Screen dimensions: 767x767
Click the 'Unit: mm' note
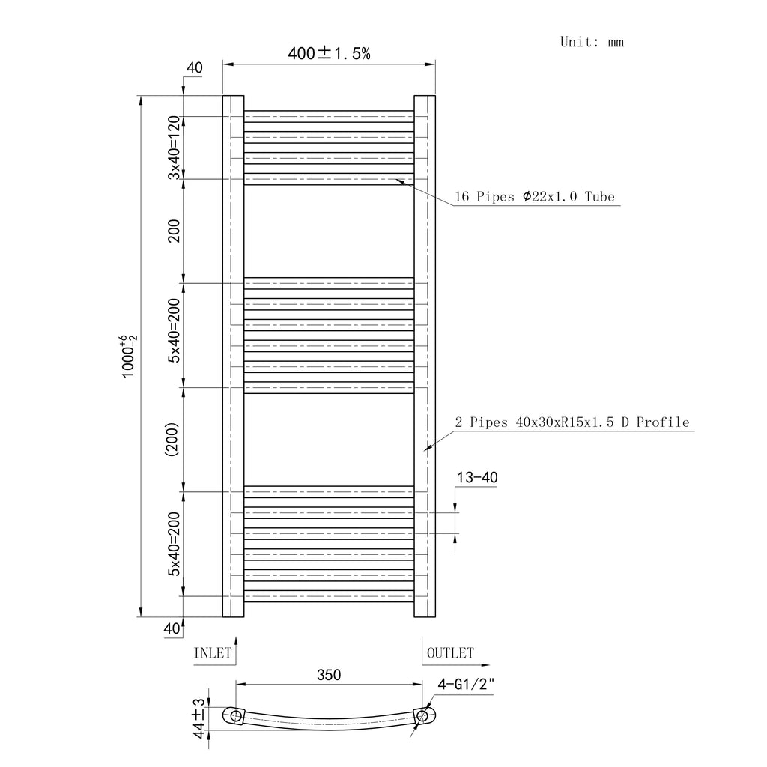click(x=592, y=42)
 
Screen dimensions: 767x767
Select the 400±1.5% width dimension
click(x=329, y=53)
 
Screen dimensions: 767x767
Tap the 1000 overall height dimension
click(x=129, y=356)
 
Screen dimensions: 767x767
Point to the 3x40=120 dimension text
click(x=174, y=148)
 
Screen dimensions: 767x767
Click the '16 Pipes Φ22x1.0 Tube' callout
click(x=535, y=197)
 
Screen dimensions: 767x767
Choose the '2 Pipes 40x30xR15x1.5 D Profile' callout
click(x=572, y=422)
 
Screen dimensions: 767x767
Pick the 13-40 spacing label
click(x=477, y=477)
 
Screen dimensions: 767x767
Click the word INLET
click(x=212, y=653)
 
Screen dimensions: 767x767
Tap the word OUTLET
click(x=450, y=653)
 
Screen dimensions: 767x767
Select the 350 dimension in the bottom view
click(x=329, y=675)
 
